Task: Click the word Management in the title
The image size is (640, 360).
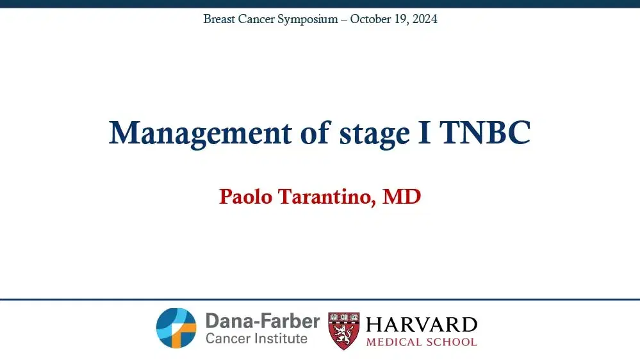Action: tap(201, 133)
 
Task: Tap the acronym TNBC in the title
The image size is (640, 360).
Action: tap(485, 132)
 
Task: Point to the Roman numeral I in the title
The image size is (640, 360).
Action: tap(425, 132)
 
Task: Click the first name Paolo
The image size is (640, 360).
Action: tap(246, 196)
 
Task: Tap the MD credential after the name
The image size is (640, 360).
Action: tap(402, 196)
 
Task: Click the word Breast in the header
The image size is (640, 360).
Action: tap(219, 19)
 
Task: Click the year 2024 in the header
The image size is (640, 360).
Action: tap(425, 19)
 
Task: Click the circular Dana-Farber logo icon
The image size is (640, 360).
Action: tap(176, 328)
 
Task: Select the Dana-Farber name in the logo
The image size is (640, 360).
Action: tap(263, 321)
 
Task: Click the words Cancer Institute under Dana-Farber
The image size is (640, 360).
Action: tap(256, 338)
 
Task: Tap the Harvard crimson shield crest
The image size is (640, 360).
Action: tap(344, 331)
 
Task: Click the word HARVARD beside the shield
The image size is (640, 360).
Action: tap(422, 325)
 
